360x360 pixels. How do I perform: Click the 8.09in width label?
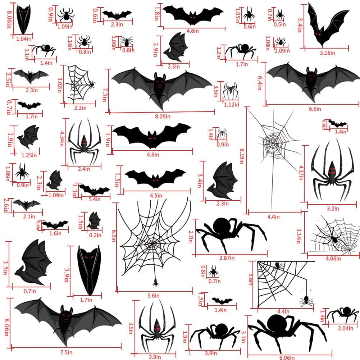tap(163, 117)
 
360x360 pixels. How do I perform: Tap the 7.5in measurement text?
tap(66, 352)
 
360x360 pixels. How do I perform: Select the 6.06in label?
tap(287, 357)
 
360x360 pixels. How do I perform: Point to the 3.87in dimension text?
tap(227, 258)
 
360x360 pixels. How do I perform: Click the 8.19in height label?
tap(242, 156)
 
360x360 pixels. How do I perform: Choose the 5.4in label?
tap(95, 199)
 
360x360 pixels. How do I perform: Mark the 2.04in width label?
tap(346, 328)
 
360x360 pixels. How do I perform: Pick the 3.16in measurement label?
tap(328, 53)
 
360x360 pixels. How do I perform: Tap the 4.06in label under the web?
tap(333, 259)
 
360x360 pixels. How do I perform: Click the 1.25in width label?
tap(29, 155)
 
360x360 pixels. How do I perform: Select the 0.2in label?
tap(95, 235)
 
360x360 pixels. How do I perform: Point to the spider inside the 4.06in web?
tap(334, 239)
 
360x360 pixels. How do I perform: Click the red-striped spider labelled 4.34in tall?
tap(84, 142)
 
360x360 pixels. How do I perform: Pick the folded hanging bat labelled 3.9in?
tap(89, 270)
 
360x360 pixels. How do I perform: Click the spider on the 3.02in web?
tap(92, 84)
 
